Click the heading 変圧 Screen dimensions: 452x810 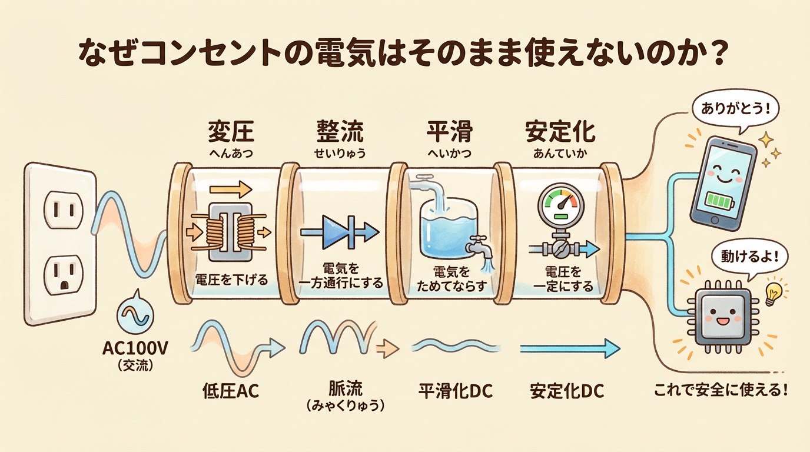(231, 132)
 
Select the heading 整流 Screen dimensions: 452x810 (340, 132)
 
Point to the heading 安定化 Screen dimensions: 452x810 (560, 132)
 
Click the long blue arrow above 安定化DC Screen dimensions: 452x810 (569, 348)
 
